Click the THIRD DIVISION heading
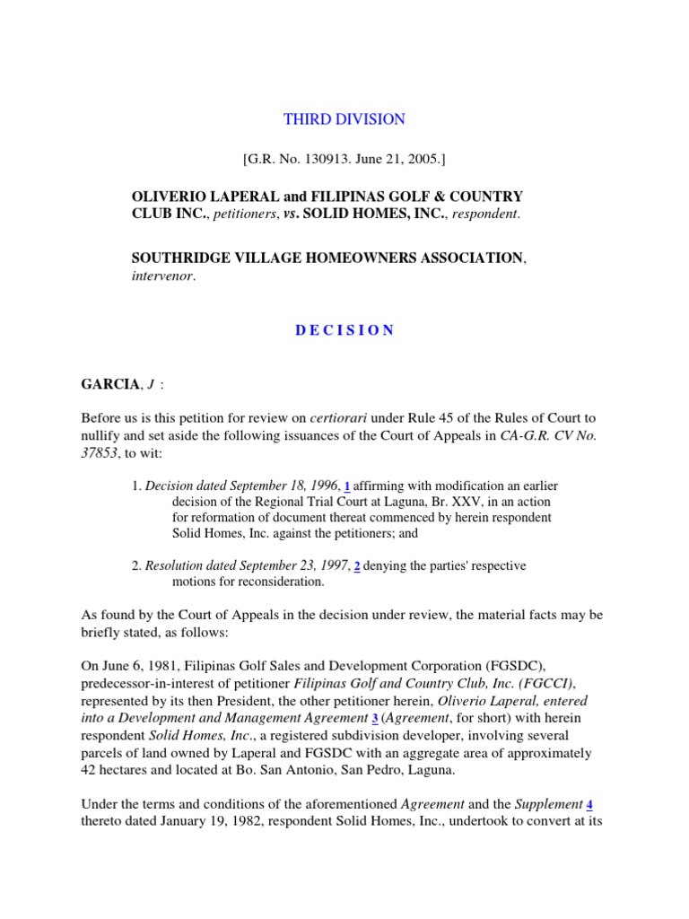pos(344,119)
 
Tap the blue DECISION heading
pos(344,330)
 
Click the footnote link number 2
pos(357,566)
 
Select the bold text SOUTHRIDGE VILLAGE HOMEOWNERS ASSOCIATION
pos(326,258)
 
